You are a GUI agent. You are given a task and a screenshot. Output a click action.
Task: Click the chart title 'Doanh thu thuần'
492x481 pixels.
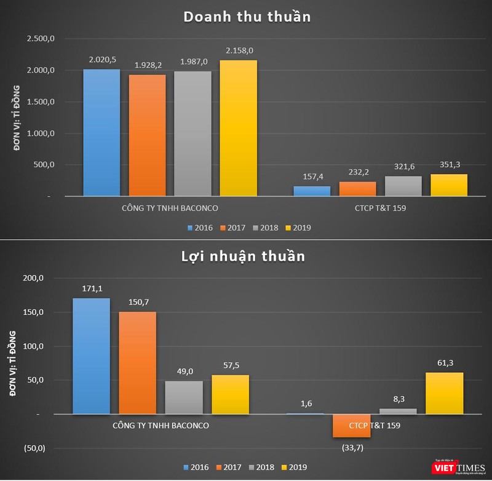(x=247, y=17)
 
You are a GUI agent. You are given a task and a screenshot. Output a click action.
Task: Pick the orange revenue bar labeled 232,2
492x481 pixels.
(x=357, y=189)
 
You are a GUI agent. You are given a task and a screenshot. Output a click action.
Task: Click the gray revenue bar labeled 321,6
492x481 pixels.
(x=403, y=186)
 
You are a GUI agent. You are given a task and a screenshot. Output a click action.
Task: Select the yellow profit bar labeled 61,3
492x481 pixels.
(x=444, y=393)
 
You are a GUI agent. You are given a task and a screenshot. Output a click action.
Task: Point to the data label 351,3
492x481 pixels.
(x=448, y=164)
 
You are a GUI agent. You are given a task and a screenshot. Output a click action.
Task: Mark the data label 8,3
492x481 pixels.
(x=398, y=399)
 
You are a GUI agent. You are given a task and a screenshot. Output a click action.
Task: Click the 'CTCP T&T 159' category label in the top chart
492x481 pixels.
(x=380, y=208)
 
